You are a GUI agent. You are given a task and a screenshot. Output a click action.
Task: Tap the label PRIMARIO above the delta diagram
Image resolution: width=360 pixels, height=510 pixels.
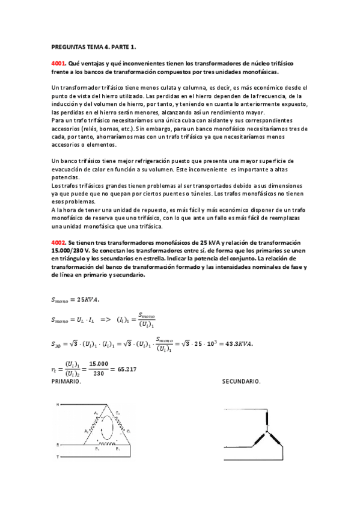66,381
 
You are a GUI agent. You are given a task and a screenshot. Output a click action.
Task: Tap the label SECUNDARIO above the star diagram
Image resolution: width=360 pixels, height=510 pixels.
242,381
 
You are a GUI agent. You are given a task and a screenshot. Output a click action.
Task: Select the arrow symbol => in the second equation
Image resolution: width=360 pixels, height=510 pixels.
108,319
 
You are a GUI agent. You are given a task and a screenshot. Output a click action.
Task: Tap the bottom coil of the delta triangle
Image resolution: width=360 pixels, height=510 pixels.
108,444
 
